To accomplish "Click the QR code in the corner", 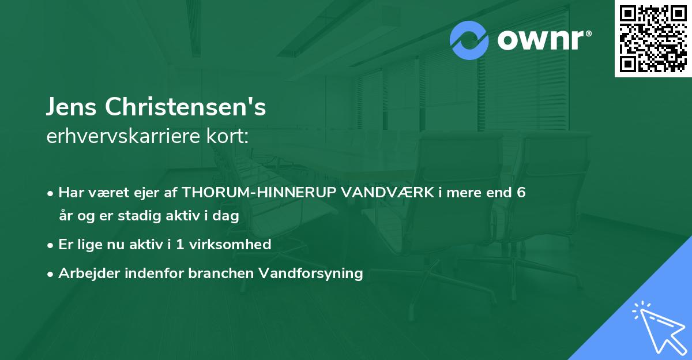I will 653,39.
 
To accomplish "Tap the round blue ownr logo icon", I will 470,40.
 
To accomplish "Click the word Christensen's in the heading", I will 184,108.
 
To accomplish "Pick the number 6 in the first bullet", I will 521,192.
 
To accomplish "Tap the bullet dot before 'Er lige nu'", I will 51,245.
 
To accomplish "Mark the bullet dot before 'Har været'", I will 51,193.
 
